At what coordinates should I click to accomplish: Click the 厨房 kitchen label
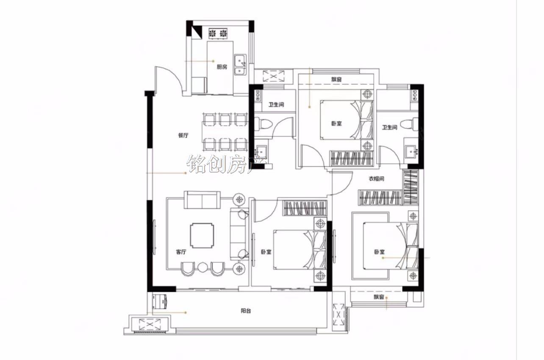222,67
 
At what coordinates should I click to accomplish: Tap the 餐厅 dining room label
183,135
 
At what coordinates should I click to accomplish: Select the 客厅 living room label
181,252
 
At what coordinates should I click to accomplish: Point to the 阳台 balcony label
246,311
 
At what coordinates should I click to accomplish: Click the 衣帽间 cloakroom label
376,179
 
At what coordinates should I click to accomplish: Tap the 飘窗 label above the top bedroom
336,79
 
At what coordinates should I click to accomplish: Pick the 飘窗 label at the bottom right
379,297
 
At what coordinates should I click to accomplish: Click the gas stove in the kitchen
218,34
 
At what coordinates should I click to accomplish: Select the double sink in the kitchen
240,64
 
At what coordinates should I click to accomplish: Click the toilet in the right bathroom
409,124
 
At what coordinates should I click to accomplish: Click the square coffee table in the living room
202,236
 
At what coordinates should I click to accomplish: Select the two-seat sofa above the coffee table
202,200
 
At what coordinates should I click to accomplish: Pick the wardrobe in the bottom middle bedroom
305,208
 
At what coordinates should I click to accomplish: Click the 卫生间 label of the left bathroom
276,105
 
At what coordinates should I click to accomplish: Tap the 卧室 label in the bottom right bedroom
379,252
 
